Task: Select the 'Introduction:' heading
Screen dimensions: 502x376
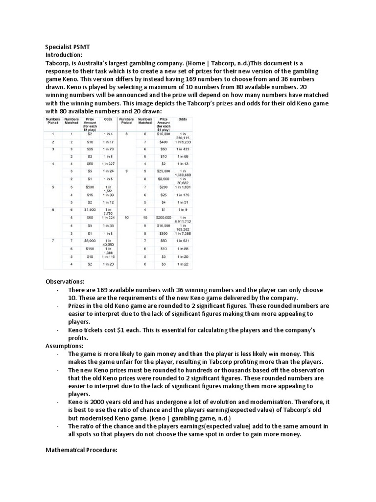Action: (x=64, y=55)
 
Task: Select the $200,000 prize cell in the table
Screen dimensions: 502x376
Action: (x=164, y=217)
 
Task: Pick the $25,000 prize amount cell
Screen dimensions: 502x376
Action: (x=164, y=171)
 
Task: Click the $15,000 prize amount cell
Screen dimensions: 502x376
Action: (x=164, y=133)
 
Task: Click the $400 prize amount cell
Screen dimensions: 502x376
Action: (x=164, y=141)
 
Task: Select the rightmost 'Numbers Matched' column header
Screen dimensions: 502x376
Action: (x=145, y=121)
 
